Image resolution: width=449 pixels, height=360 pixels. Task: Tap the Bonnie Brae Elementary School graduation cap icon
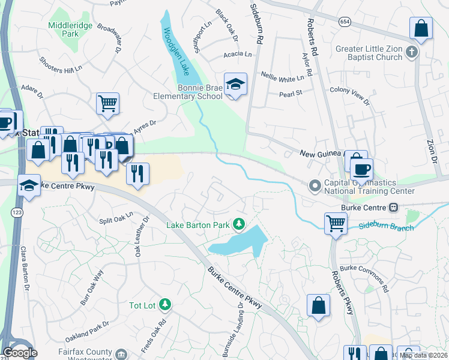[236, 85]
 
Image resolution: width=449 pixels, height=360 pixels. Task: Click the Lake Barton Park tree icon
[240, 224]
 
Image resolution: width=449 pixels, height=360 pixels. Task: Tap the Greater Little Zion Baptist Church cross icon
[411, 53]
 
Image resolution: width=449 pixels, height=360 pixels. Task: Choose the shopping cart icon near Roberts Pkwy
[336, 223]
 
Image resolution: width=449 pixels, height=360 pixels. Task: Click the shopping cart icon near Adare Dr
[107, 103]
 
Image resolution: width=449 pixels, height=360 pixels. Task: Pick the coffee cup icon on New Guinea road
[361, 169]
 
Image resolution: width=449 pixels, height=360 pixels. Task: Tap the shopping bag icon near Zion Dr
[421, 28]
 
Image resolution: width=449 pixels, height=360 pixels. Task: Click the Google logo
[20, 353]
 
